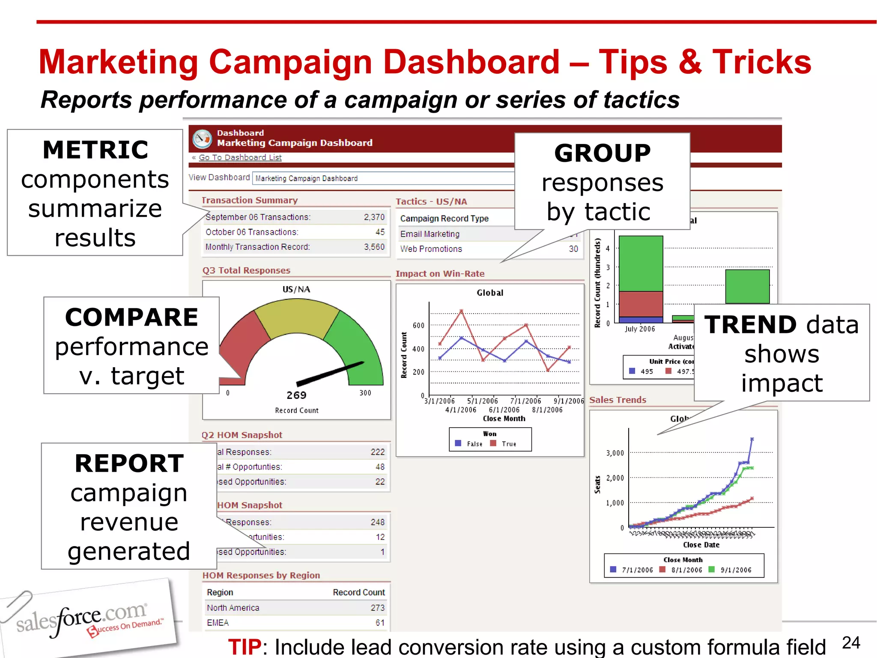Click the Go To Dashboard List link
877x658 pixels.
tap(240, 158)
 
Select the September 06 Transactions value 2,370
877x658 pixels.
tap(374, 217)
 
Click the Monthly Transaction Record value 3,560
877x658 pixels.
tap(374, 247)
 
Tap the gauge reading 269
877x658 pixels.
tap(296, 395)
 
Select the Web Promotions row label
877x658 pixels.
tap(431, 249)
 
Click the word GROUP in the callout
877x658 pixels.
tap(602, 153)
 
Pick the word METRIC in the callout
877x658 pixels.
tap(95, 150)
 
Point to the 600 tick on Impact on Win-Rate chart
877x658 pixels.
tap(418, 326)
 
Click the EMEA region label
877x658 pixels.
tap(218, 623)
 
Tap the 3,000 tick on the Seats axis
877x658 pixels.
tap(615, 453)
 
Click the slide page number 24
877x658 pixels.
tap(850, 643)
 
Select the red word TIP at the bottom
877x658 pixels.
tap(245, 646)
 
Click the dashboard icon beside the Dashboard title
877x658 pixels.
tap(202, 138)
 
